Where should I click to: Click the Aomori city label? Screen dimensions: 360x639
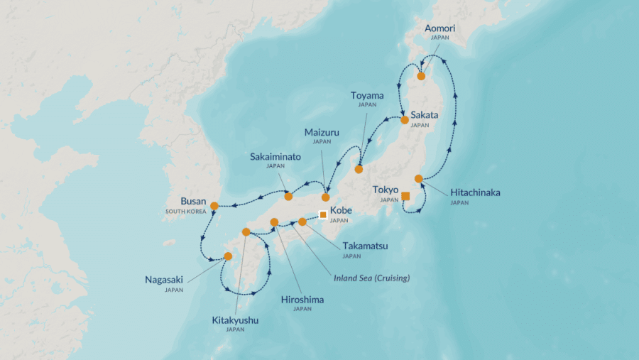click(x=439, y=28)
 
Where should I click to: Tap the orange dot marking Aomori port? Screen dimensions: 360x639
click(x=421, y=76)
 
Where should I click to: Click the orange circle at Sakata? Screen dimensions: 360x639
click(x=405, y=120)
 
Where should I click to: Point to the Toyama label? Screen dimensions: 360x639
click(x=367, y=95)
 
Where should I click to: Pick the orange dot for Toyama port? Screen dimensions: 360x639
click(x=359, y=169)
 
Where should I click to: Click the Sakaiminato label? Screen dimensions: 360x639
click(x=275, y=156)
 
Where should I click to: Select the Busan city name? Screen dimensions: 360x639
click(x=194, y=201)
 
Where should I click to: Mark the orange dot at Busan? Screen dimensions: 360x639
click(x=214, y=206)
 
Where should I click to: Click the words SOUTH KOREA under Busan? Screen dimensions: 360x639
click(x=185, y=212)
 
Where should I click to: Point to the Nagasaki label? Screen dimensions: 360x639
click(x=164, y=280)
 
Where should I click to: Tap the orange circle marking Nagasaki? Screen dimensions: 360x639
click(x=228, y=256)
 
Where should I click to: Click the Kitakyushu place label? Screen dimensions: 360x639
click(x=235, y=320)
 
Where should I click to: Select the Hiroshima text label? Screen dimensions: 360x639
click(x=302, y=300)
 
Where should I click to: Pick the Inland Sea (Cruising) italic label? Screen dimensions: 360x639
click(x=372, y=278)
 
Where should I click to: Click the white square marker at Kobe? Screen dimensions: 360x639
click(x=323, y=214)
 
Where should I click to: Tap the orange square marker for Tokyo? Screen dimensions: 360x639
click(x=405, y=196)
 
